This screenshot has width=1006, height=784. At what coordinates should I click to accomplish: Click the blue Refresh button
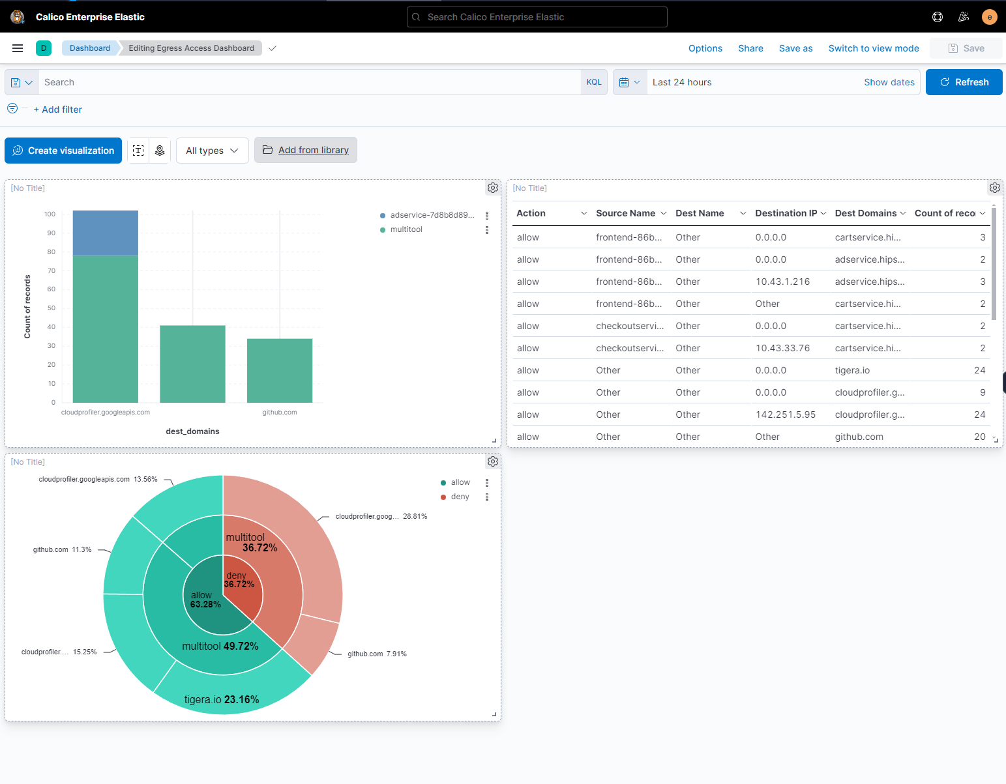pos(964,82)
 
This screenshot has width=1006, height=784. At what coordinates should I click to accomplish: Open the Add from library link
pos(313,150)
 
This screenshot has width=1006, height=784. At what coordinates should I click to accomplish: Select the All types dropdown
pos(212,151)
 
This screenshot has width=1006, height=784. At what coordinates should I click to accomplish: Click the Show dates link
pos(889,82)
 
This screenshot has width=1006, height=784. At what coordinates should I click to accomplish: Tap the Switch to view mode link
pos(873,48)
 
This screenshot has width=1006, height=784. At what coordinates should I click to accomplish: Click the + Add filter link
pos(58,109)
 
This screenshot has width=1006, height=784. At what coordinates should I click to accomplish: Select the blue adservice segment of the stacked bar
pos(106,233)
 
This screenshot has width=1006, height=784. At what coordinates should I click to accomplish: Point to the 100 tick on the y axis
pos(50,214)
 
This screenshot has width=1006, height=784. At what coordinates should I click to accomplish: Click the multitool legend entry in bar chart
pos(406,229)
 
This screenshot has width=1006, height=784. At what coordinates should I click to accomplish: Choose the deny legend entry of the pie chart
pos(460,497)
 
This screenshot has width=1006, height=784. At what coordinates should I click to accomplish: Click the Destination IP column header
pos(786,213)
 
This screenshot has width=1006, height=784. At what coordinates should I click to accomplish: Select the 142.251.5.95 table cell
pos(785,414)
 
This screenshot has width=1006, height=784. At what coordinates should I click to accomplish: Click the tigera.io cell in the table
pos(852,370)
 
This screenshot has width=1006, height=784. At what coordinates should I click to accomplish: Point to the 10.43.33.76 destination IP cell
pos(782,348)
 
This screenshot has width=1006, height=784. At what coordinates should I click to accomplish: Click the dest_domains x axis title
pos(192,431)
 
